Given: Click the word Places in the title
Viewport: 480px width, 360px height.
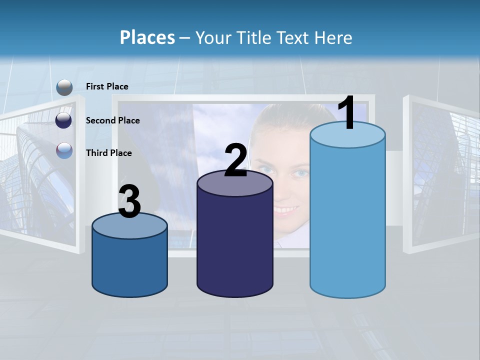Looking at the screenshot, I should point(147,37).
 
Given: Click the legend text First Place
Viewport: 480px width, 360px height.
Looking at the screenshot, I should point(107,86).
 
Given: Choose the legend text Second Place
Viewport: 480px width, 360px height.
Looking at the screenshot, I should point(112,120).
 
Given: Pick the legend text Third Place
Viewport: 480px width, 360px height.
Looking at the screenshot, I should point(108,153).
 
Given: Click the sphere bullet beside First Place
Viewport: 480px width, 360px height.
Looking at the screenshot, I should point(64,87).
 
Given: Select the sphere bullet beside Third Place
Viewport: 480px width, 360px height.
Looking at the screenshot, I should point(64,150).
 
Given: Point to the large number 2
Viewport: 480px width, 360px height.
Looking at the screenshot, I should point(236,161).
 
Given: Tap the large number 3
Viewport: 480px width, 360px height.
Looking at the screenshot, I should point(130,202).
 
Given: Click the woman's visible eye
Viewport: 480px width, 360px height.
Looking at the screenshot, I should point(301,173).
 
